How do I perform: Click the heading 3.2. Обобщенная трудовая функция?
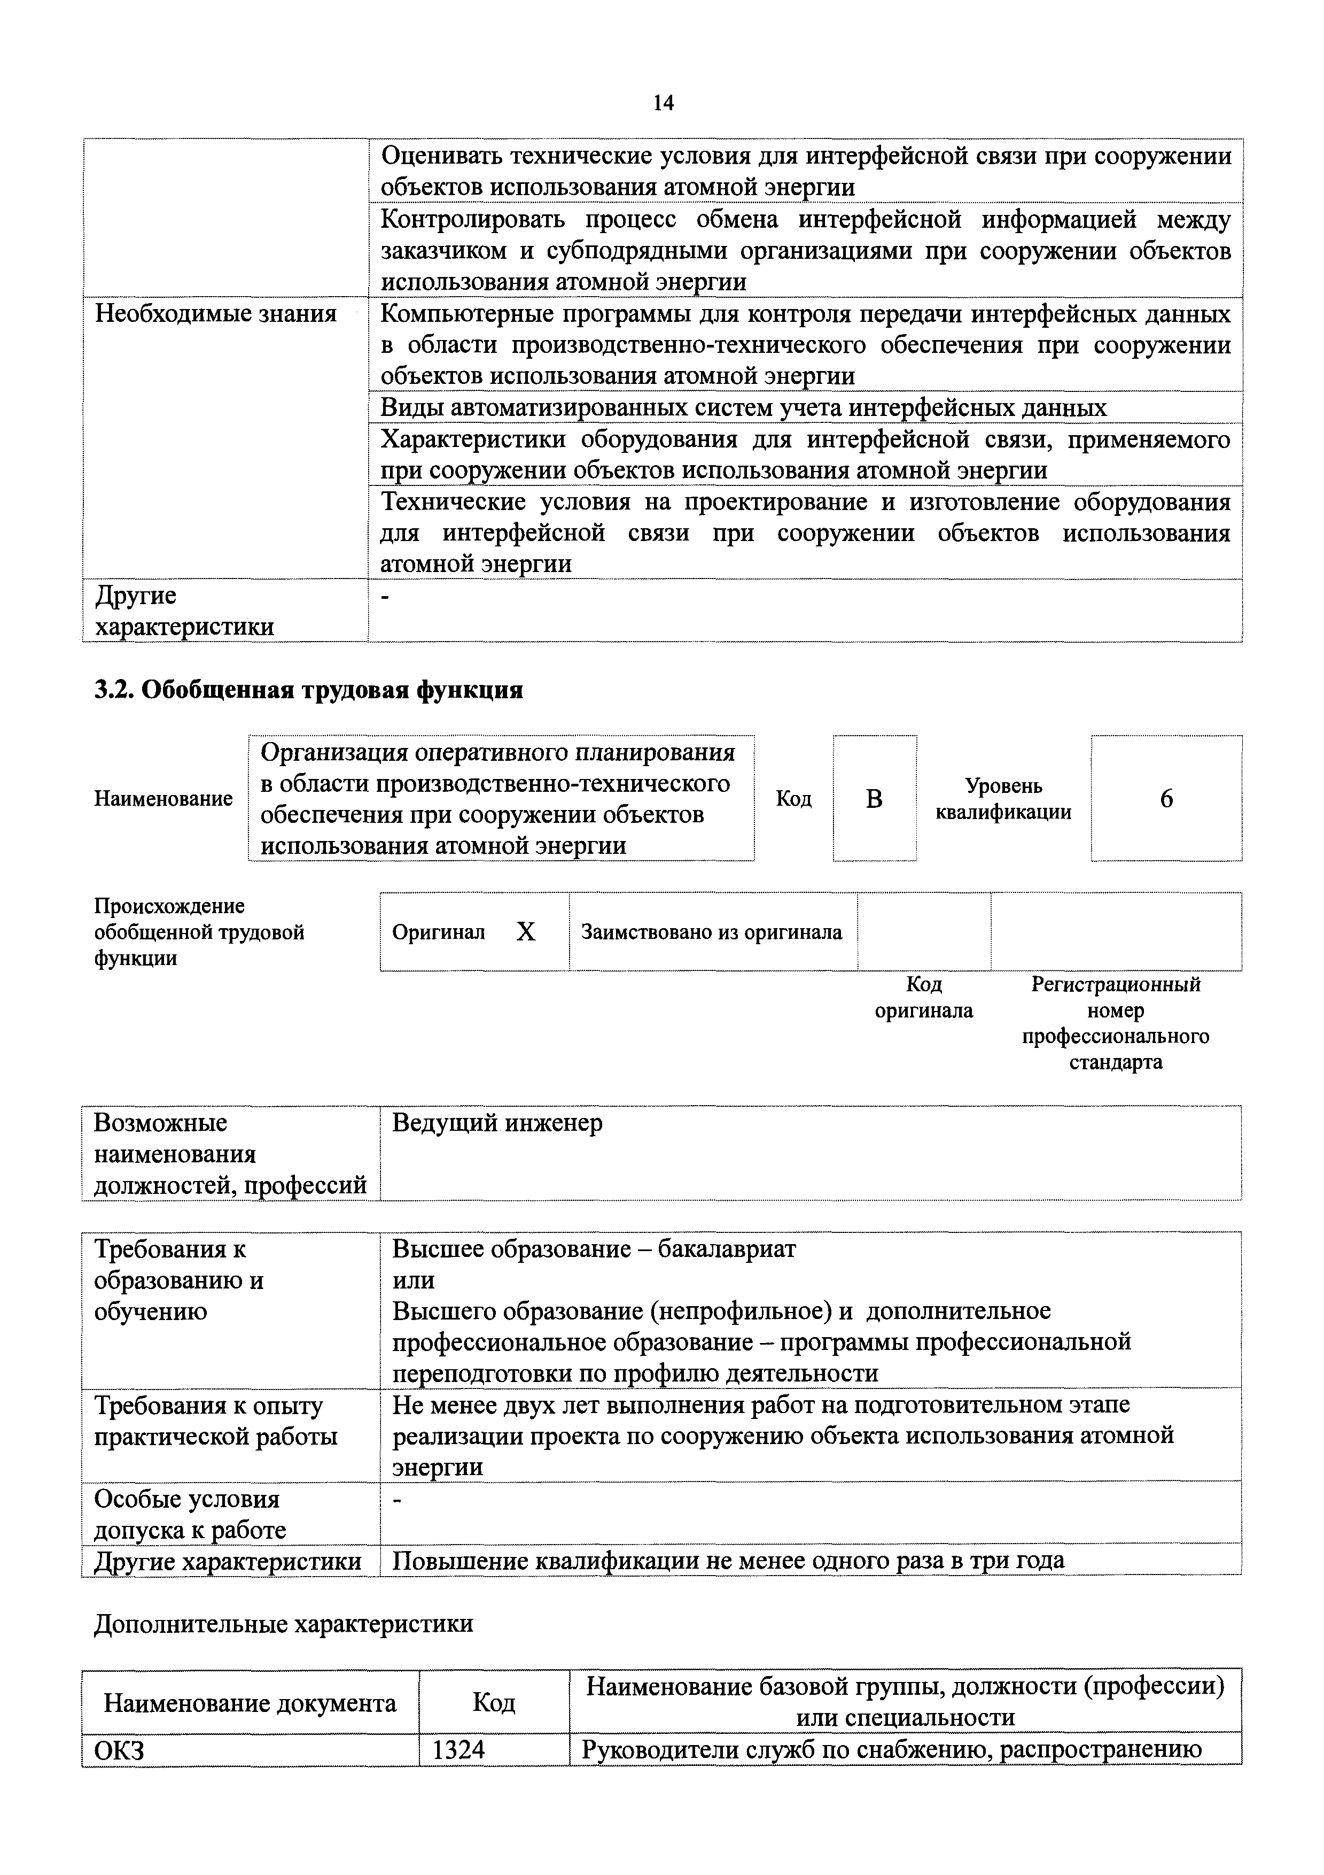coord(308,690)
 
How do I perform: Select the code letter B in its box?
coord(874,799)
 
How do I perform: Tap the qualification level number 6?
coord(1166,799)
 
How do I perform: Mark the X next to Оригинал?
coord(526,932)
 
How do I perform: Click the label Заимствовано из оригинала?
coord(711,932)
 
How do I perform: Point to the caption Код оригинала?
coord(923,998)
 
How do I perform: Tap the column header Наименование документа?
coord(250,1703)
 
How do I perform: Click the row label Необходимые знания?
coord(215,314)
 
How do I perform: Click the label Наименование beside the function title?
coord(163,799)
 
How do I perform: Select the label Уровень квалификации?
coord(1003,799)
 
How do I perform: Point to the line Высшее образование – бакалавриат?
coord(594,1248)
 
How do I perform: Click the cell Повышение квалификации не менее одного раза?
coord(728,1561)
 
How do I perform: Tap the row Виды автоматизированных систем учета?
coord(743,407)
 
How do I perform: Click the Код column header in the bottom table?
coord(494,1703)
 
